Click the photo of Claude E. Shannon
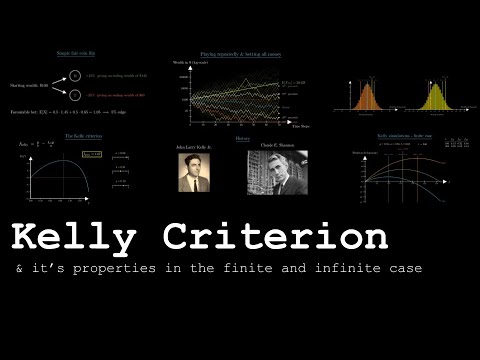click(277, 171)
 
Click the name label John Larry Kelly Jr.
click(196, 146)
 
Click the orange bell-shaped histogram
click(364, 97)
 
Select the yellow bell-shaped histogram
click(437, 97)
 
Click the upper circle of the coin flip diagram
click(76, 74)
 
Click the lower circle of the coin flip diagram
click(76, 95)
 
